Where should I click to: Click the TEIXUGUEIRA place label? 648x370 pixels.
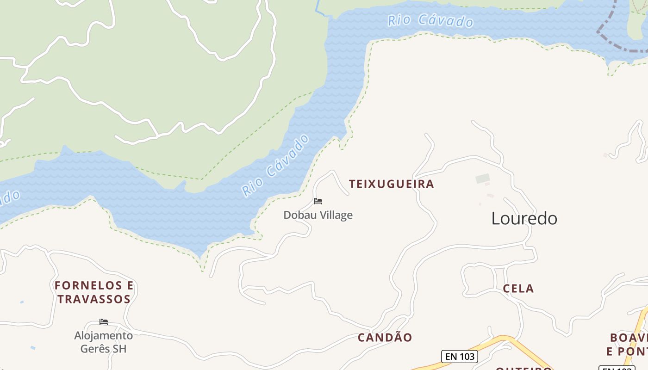(392, 184)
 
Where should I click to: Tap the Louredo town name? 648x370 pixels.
(524, 218)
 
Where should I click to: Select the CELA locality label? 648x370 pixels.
(518, 289)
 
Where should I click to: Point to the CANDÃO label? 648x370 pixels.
(385, 338)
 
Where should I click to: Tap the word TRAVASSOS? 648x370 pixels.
(94, 299)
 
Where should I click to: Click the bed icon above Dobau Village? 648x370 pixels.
(318, 201)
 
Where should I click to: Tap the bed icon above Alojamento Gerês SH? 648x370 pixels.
(104, 322)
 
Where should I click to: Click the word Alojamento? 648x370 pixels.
(103, 335)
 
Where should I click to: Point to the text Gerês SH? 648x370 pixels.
(103, 349)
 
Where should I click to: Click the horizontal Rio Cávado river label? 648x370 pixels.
(430, 21)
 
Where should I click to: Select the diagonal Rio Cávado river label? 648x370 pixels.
(275, 165)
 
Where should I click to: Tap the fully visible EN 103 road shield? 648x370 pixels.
(459, 357)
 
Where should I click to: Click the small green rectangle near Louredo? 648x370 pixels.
(482, 179)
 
